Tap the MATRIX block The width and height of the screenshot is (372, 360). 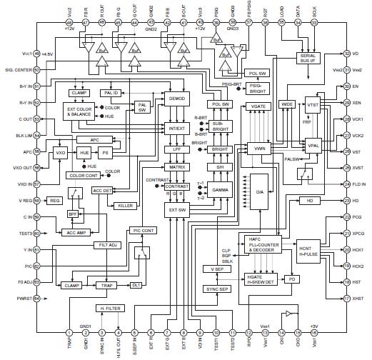[x=176, y=165]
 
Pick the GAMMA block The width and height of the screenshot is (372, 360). [x=220, y=191]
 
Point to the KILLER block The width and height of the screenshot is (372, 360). [x=125, y=205]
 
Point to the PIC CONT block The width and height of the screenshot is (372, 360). [x=143, y=231]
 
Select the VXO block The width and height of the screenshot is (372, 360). [x=60, y=152]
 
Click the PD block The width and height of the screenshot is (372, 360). [x=292, y=279]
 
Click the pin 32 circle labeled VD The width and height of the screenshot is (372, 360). [x=346, y=54]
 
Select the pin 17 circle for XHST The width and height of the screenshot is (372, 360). [x=346, y=297]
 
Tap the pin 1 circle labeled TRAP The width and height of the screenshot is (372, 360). [x=69, y=312]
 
